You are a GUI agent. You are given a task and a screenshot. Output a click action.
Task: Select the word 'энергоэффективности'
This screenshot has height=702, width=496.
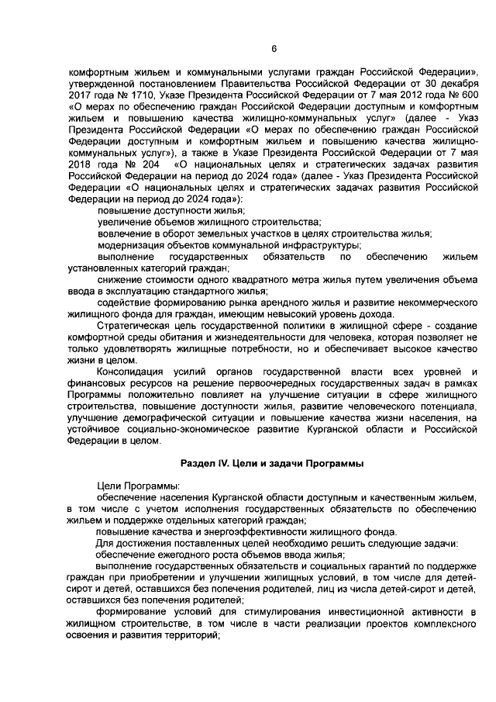point(250,531)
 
